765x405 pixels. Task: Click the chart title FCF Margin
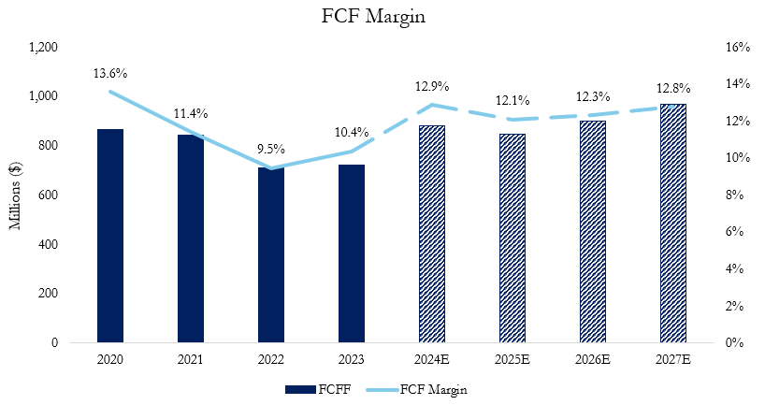tap(382, 16)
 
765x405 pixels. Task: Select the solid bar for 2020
tap(110, 236)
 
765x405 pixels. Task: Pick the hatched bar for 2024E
tap(432, 234)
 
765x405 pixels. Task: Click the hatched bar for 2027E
tap(672, 224)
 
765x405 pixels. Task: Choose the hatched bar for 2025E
tap(512, 239)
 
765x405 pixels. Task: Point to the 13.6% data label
tap(110, 73)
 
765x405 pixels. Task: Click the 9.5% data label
tap(271, 149)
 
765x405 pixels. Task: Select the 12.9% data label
tap(432, 86)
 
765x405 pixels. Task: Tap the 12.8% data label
tap(672, 88)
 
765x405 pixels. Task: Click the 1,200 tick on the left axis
tap(44, 47)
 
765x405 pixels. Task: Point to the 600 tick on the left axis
tap(49, 195)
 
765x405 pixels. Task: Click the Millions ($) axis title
tap(16, 195)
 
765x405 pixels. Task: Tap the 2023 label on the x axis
tap(352, 358)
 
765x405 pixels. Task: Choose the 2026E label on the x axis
tap(592, 358)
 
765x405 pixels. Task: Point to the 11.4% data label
tap(191, 113)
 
